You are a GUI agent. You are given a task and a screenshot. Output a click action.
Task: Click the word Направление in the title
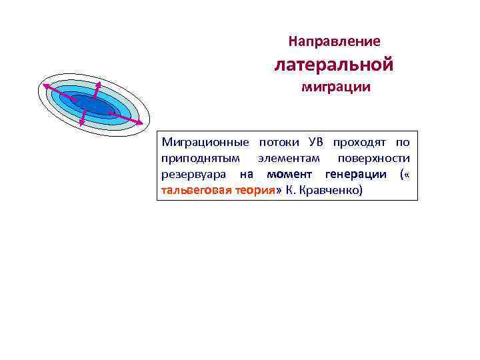pyautogui.click(x=335, y=41)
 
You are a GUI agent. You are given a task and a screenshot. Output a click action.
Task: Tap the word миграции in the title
pyautogui.click(x=336, y=87)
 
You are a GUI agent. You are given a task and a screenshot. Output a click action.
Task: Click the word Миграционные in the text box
pyautogui.click(x=205, y=143)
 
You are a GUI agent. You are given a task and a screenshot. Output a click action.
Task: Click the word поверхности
pyautogui.click(x=373, y=159)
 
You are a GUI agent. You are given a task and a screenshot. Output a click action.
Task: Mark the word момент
pyautogui.click(x=291, y=175)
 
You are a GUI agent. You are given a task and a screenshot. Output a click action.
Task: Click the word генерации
pyautogui.click(x=355, y=175)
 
